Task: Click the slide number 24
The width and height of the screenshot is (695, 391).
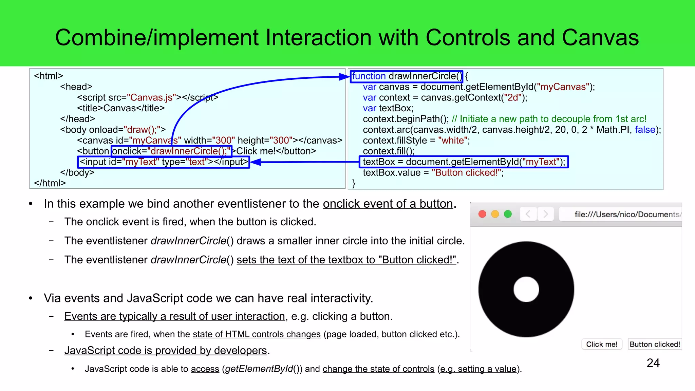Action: (653, 363)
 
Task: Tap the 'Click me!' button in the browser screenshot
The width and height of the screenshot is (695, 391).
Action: (602, 344)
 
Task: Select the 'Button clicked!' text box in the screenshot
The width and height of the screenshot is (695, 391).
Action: (655, 344)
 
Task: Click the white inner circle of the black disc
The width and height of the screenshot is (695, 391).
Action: (526, 289)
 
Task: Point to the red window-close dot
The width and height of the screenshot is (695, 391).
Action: (482, 214)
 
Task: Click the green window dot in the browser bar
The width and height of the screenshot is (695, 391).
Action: (508, 214)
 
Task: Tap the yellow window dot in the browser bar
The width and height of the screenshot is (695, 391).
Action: (495, 214)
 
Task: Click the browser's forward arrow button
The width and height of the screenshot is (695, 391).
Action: (545, 214)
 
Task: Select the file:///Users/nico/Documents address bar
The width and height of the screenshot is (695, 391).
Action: (621, 214)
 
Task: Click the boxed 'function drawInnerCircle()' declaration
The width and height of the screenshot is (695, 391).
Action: (407, 76)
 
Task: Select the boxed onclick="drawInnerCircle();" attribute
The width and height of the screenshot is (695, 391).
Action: (171, 151)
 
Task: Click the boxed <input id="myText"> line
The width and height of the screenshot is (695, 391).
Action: (164, 162)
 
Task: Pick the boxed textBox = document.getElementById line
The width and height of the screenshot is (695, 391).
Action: (464, 162)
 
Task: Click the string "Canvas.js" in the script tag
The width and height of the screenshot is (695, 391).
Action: (151, 97)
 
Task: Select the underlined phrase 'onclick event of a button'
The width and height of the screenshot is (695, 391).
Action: (388, 204)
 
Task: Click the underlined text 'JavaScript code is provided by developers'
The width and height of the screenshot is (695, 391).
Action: (166, 350)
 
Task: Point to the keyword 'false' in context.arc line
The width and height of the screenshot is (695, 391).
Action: (645, 130)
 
